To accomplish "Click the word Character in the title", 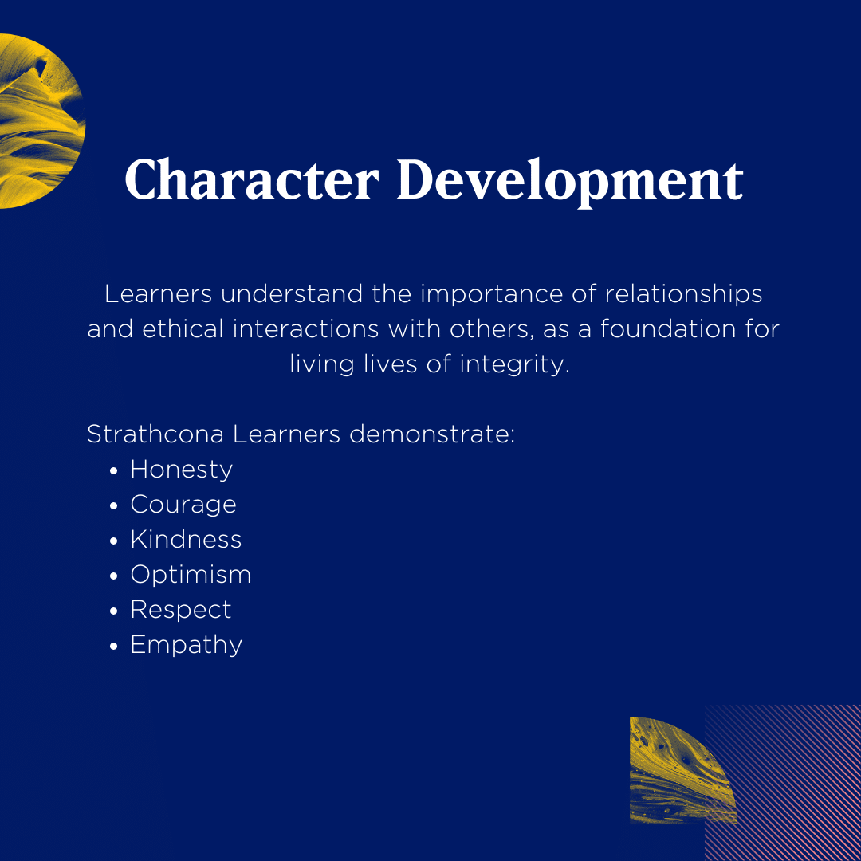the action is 252,179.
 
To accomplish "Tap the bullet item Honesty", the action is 181,470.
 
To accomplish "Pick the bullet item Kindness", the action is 186,539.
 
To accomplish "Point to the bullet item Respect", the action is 181,611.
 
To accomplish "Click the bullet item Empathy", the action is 186,646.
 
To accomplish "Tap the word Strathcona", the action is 155,434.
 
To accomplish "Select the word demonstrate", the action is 432,434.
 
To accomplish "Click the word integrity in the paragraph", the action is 514,364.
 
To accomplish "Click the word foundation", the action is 668,329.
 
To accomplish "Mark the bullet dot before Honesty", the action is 114,471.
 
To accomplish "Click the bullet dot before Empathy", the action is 114,647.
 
